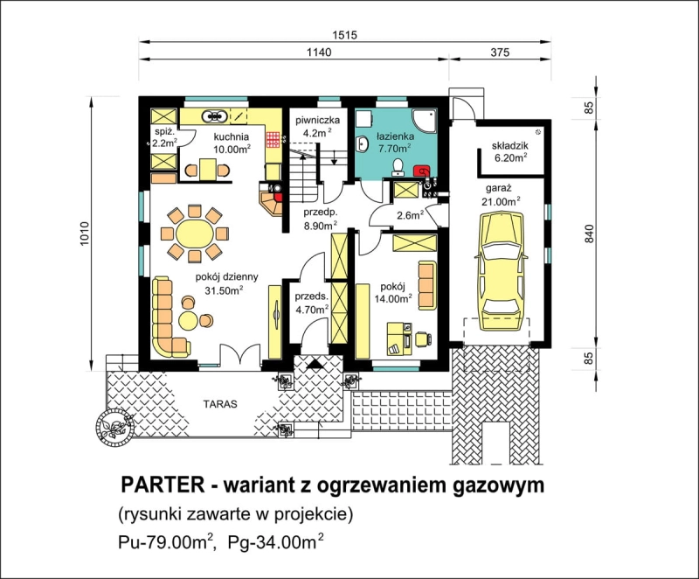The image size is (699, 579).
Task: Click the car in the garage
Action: pyautogui.click(x=502, y=271)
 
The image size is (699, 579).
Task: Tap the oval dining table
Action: pyautogui.click(x=194, y=233)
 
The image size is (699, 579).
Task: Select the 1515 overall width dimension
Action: pyautogui.click(x=344, y=35)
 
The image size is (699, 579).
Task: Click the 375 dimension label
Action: pyautogui.click(x=500, y=52)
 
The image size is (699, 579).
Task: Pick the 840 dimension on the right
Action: pyautogui.click(x=589, y=233)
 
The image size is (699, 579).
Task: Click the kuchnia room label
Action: pyautogui.click(x=231, y=136)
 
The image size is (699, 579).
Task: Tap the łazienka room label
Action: pyautogui.click(x=395, y=136)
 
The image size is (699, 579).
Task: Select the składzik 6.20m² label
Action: pyautogui.click(x=510, y=150)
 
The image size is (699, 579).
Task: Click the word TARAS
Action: pyautogui.click(x=220, y=405)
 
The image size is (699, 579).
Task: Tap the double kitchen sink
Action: pyautogui.click(x=215, y=116)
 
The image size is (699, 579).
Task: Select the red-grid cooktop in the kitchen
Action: pyautogui.click(x=273, y=140)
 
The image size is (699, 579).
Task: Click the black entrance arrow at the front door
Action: pyautogui.click(x=316, y=364)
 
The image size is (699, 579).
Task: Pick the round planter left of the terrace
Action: pyautogui.click(x=114, y=426)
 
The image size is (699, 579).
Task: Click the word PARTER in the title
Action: pyautogui.click(x=163, y=485)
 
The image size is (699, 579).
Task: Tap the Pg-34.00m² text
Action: pyautogui.click(x=275, y=541)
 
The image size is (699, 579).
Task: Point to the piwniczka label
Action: pyautogui.click(x=318, y=120)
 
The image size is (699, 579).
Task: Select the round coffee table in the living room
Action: pyautogui.click(x=189, y=320)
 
